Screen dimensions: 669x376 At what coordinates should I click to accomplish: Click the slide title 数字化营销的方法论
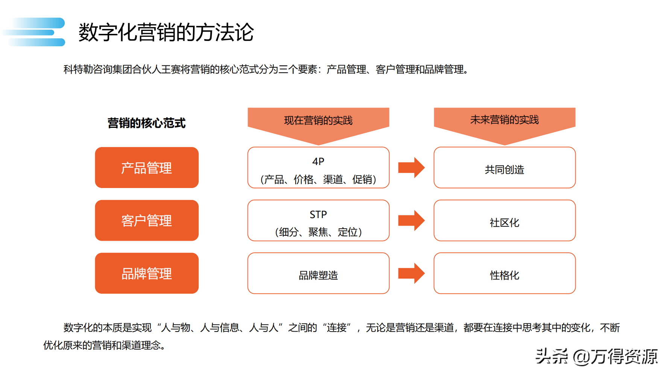coord(166,32)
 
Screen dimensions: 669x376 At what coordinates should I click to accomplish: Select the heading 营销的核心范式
coord(146,123)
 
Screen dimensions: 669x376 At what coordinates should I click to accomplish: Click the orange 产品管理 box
coord(147,168)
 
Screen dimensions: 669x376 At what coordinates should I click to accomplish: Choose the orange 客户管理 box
coord(147,221)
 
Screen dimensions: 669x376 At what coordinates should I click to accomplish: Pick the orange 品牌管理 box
coord(147,273)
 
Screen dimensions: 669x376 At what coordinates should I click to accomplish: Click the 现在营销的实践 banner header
coord(318,120)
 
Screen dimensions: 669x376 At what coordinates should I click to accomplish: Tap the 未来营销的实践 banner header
coord(505,120)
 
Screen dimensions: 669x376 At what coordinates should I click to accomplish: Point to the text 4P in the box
coord(318,162)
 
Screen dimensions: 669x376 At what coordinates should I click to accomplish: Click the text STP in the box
coord(318,215)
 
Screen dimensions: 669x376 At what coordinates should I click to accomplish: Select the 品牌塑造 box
coord(318,275)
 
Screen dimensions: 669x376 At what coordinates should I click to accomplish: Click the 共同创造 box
coord(505,170)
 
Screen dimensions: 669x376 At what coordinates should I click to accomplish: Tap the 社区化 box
coord(505,223)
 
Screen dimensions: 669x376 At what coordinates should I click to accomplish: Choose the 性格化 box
coord(505,275)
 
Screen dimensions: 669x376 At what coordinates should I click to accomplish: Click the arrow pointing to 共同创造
coord(412,168)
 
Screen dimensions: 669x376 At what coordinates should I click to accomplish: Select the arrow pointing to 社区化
coord(412,220)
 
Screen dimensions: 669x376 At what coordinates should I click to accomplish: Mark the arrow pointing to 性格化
coord(412,273)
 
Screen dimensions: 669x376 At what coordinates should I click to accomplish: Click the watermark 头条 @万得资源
coord(597,356)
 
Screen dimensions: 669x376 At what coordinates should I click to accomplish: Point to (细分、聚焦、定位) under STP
coord(318,232)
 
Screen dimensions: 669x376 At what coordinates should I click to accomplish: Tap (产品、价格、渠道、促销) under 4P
coord(318,180)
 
